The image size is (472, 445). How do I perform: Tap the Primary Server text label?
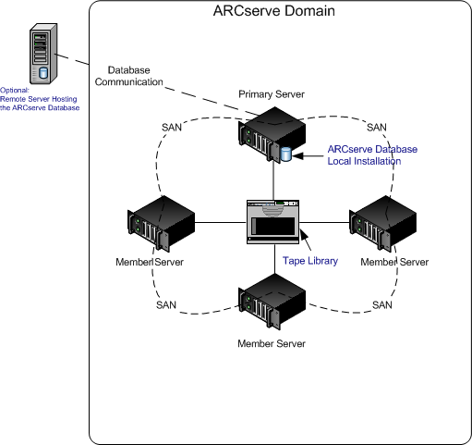271,94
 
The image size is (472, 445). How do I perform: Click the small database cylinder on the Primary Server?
285,154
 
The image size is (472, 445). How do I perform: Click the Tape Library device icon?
274,221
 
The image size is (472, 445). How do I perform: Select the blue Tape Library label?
309,261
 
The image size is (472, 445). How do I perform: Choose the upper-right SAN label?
376,127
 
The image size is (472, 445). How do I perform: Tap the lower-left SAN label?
165,304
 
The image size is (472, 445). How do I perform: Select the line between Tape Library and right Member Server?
328,221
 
